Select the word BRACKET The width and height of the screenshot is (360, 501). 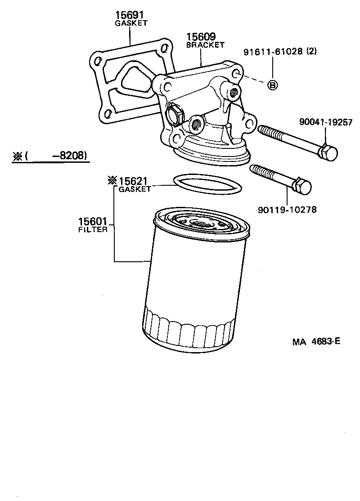coord(205,45)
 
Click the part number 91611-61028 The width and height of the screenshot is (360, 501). coord(273,52)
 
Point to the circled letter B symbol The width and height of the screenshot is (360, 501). coord(272,85)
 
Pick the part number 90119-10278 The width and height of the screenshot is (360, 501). coord(287,209)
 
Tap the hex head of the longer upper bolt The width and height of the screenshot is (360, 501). coord(328,153)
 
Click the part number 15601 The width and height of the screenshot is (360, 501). coord(93,221)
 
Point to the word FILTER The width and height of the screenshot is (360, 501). coord(93,229)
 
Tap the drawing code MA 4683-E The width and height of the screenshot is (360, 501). coord(315,341)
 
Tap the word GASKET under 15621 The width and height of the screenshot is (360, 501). coord(135,189)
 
